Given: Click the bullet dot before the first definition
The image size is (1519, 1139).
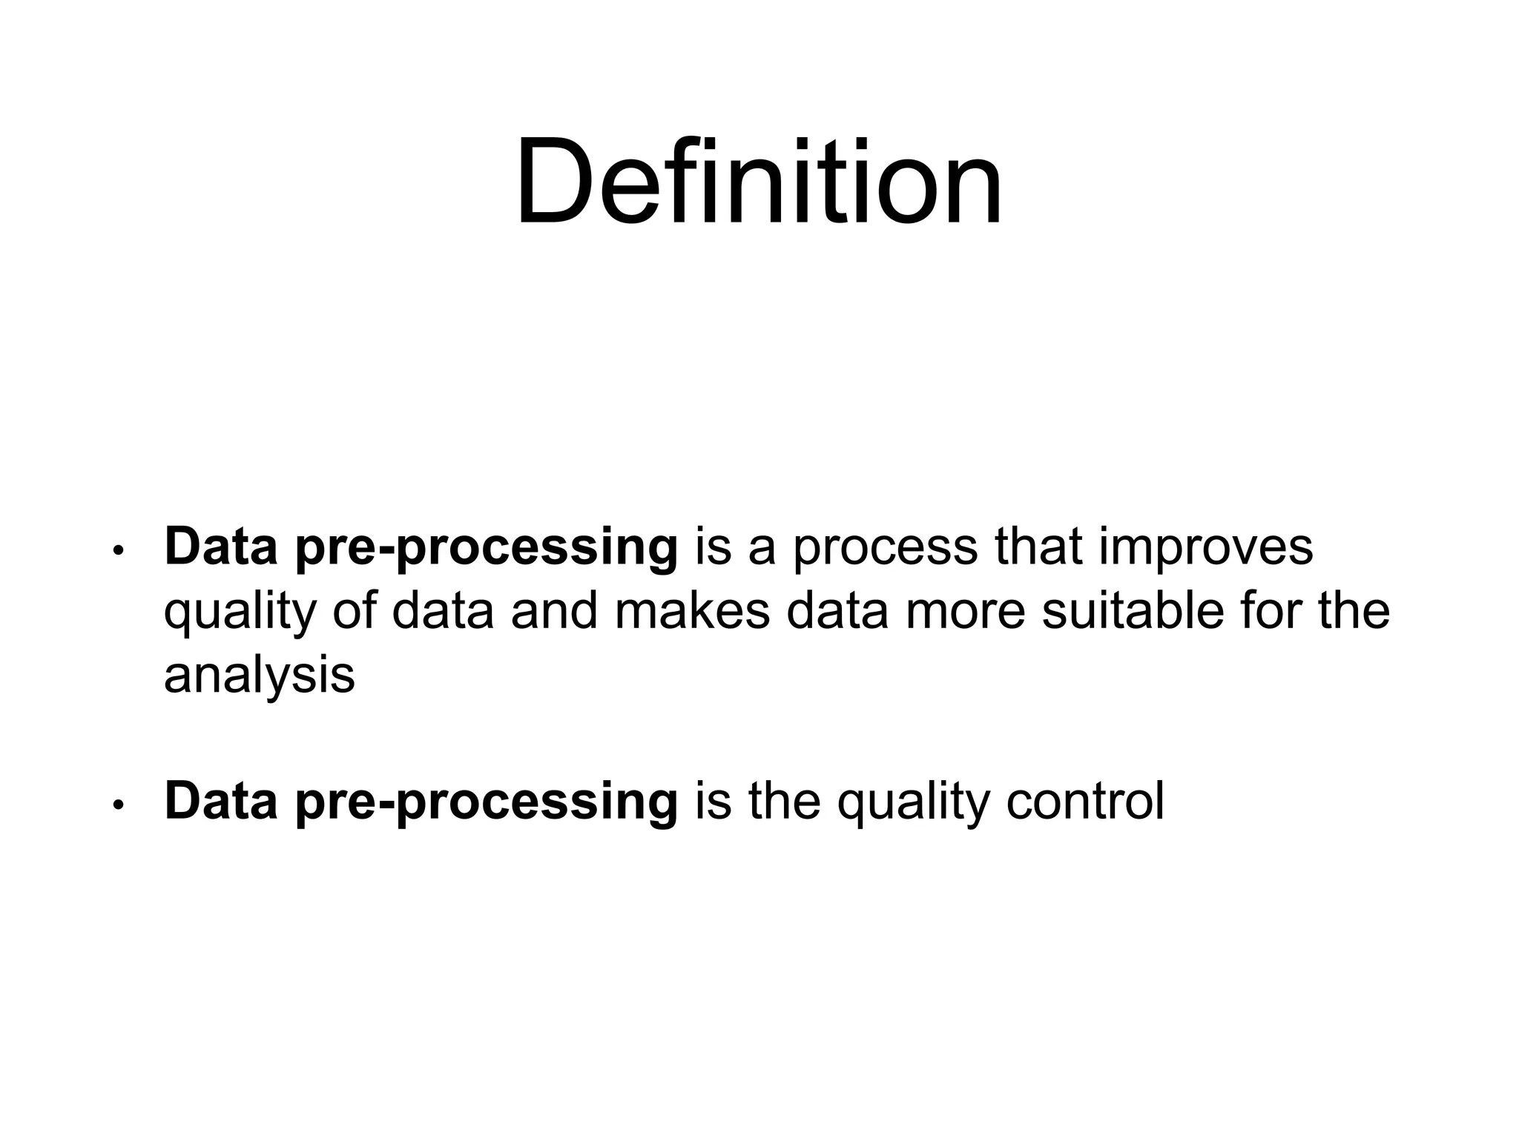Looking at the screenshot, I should [x=116, y=551].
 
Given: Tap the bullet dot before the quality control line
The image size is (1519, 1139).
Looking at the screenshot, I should [x=116, y=805].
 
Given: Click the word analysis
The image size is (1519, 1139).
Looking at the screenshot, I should [x=259, y=676].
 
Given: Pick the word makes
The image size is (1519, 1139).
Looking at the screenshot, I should [x=692, y=612].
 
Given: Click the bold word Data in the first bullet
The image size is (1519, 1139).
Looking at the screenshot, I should [x=221, y=547].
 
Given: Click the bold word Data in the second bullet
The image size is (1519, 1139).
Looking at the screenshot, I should [x=221, y=801].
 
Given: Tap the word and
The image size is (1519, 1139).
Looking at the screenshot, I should [x=554, y=612].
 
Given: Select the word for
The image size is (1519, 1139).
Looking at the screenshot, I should [x=1268, y=612].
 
